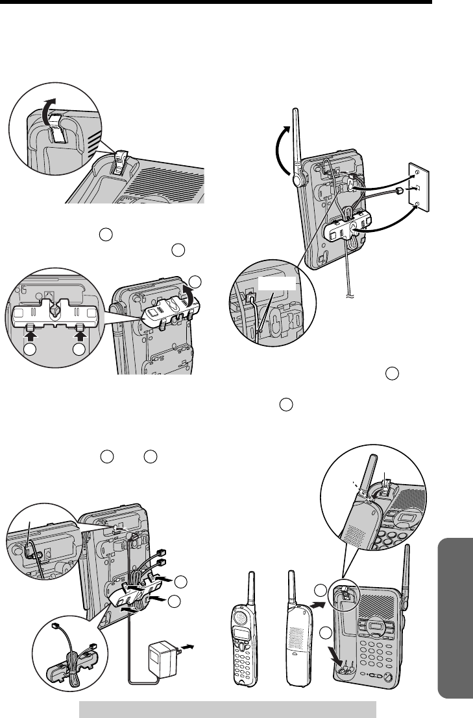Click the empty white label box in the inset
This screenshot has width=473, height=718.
(x=276, y=283)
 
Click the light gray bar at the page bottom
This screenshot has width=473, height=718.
(x=228, y=709)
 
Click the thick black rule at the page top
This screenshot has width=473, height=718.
(x=215, y=3)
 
